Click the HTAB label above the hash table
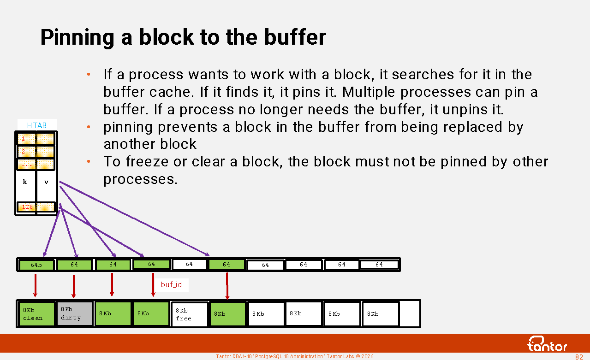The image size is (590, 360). click(x=37, y=125)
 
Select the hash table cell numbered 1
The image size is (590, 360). click(x=26, y=139)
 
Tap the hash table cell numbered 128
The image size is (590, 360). click(x=27, y=207)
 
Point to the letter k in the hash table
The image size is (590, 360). click(x=25, y=182)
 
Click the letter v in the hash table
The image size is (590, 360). click(x=46, y=182)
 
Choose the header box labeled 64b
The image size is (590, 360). click(x=36, y=265)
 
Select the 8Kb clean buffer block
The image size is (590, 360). click(x=36, y=314)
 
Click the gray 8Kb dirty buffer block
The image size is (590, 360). click(x=75, y=314)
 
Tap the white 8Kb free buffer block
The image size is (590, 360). click(x=189, y=314)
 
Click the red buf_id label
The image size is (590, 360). click(x=171, y=285)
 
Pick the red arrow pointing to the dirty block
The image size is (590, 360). click(x=74, y=287)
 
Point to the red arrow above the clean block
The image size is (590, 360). click(x=36, y=285)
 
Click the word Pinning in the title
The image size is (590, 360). click(x=77, y=38)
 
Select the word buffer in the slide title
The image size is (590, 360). click(x=295, y=37)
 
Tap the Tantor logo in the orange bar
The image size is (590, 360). click(x=547, y=344)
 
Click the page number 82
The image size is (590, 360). click(x=579, y=357)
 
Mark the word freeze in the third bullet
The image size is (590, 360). click(x=147, y=162)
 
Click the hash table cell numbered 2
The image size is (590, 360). click(x=26, y=152)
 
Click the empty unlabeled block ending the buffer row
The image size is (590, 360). click(x=410, y=314)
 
